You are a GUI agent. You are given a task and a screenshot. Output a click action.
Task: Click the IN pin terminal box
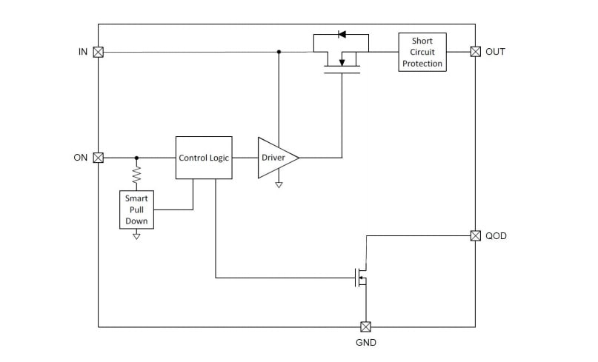click(x=98, y=52)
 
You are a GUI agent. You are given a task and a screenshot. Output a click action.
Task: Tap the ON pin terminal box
click(x=98, y=158)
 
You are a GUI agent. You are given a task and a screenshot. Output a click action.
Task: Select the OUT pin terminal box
click(x=475, y=52)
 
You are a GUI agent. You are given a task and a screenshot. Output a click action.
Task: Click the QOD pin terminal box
click(x=475, y=235)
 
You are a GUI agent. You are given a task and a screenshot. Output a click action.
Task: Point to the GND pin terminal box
click(x=365, y=326)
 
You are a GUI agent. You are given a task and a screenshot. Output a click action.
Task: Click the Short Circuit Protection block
click(x=422, y=52)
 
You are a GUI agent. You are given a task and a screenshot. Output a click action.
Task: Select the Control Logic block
click(x=204, y=158)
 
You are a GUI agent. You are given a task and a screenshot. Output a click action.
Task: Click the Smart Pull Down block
click(x=136, y=210)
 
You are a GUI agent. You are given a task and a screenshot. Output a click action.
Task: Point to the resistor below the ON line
click(x=136, y=175)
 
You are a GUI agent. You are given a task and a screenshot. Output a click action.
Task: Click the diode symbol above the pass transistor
click(x=342, y=34)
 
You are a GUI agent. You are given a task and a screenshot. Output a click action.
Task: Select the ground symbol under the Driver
click(x=279, y=184)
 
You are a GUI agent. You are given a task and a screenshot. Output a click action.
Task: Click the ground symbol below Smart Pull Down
click(x=136, y=235)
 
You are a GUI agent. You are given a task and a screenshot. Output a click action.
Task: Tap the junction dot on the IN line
click(x=279, y=52)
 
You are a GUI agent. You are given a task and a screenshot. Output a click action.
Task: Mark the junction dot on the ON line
click(x=136, y=158)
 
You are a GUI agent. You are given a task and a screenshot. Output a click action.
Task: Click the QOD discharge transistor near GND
click(x=362, y=278)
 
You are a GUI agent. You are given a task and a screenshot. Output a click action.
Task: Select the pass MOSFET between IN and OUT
click(x=342, y=63)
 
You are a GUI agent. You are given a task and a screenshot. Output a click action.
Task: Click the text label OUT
click(x=495, y=52)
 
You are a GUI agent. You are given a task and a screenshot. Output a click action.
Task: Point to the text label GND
click(x=365, y=343)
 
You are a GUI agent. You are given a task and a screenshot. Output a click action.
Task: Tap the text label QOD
click(x=496, y=235)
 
